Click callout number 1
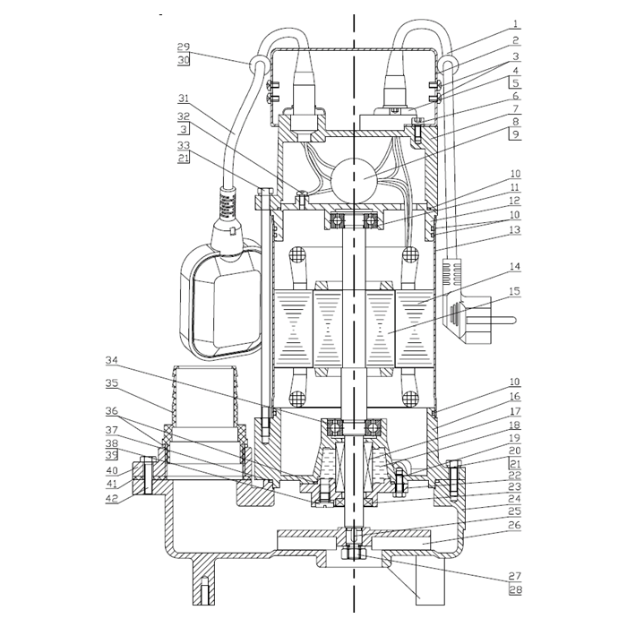[515, 23]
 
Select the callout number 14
[515, 267]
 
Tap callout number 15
[515, 291]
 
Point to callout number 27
[515, 576]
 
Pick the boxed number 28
[515, 589]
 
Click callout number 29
[184, 47]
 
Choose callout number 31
[184, 98]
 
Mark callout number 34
[112, 360]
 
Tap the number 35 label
[112, 383]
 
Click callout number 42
[112, 498]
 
